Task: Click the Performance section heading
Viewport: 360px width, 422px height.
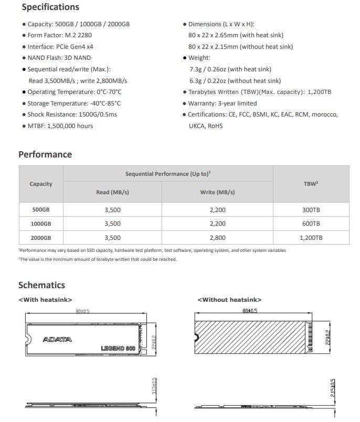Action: [45, 154]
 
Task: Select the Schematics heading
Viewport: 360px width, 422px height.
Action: [42, 285]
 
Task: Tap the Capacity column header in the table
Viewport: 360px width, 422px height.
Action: [41, 184]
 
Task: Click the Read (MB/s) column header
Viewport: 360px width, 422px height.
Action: [112, 192]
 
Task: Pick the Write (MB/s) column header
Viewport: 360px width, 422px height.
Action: [217, 192]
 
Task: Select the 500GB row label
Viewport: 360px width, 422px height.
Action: [41, 209]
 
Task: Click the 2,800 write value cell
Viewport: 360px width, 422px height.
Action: [217, 238]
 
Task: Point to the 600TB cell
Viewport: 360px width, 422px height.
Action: [311, 224]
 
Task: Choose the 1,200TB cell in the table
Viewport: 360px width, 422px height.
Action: [311, 238]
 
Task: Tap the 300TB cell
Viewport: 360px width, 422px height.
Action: [311, 209]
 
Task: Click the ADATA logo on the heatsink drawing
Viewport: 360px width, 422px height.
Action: [56, 339]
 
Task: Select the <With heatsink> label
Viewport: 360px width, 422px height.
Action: [45, 300]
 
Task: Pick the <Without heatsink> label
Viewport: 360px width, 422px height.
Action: [229, 300]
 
